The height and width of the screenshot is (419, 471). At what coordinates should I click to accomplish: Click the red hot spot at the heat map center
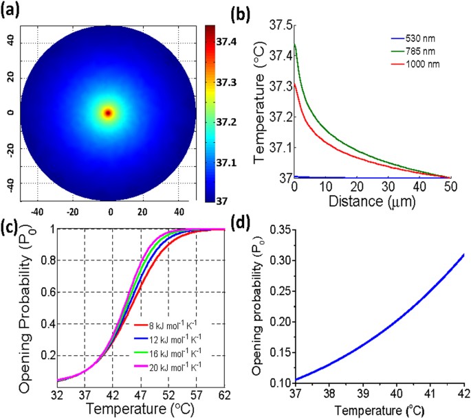[108, 113]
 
